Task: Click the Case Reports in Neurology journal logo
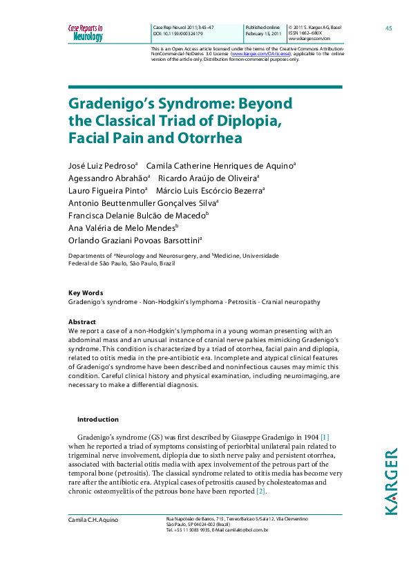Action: [x=85, y=32]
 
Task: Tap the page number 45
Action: [x=388, y=28]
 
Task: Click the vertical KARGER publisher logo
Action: [x=391, y=481]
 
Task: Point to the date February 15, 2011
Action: [x=263, y=33]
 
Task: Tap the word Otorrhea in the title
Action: [x=213, y=137]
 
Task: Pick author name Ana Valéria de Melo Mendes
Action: [x=122, y=227]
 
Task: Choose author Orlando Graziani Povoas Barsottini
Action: [x=134, y=240]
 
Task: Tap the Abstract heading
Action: [x=82, y=322]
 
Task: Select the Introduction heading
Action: [x=97, y=419]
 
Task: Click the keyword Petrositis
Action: [x=244, y=302]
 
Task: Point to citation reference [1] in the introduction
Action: [x=324, y=438]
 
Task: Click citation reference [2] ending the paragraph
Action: [x=260, y=491]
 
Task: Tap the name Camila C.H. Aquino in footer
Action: [x=93, y=518]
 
